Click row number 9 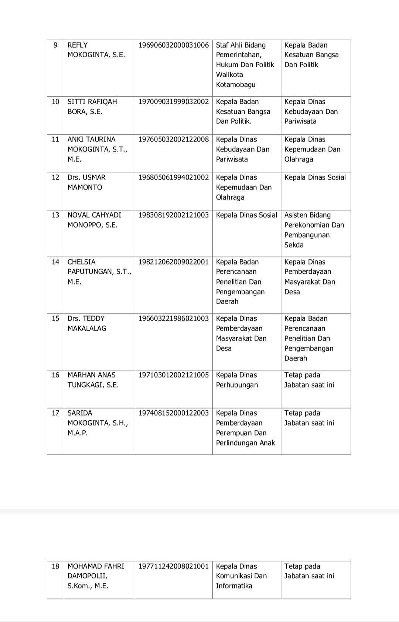click(55, 45)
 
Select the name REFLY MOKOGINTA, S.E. click(96, 50)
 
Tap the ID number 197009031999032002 click(174, 102)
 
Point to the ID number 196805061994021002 click(174, 178)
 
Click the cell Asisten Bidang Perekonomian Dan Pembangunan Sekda click(314, 230)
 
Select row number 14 click(55, 262)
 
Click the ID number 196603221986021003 click(174, 319)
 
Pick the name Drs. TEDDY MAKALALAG click(87, 324)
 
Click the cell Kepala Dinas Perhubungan click(237, 380)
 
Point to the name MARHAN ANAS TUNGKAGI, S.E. click(93, 380)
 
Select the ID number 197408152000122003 click(174, 413)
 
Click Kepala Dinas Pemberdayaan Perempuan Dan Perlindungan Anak click(245, 428)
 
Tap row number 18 click(55, 567)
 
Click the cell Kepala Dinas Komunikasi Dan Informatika click(241, 576)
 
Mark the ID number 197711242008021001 click(174, 567)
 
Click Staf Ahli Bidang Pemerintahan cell click(245, 65)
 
